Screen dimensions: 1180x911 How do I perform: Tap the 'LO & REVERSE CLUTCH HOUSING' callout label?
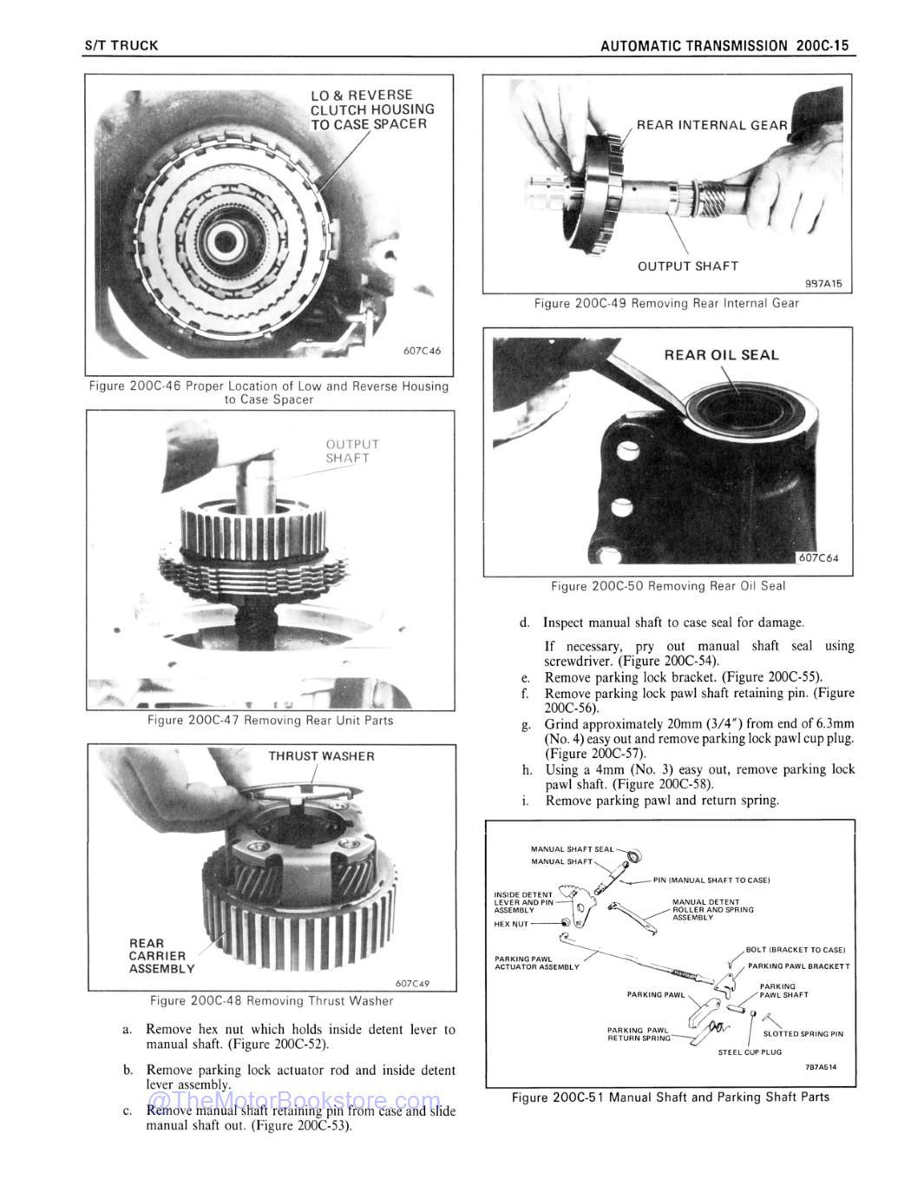[x=372, y=109]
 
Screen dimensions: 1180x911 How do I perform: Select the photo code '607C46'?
[x=422, y=352]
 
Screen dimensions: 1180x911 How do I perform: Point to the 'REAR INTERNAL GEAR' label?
[x=711, y=125]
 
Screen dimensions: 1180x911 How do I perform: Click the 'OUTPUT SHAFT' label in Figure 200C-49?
[x=687, y=267]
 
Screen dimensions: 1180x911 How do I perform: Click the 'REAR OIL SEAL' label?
[x=721, y=355]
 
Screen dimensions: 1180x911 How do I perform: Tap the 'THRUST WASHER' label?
[x=321, y=756]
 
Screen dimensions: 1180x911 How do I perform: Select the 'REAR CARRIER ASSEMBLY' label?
[x=161, y=955]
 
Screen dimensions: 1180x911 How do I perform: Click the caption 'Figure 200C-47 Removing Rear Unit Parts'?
[x=270, y=720]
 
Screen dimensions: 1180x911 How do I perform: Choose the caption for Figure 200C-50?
[x=667, y=586]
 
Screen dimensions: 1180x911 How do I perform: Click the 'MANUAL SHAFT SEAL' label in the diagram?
[x=572, y=849]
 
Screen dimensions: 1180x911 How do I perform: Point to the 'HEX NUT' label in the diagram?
[x=511, y=924]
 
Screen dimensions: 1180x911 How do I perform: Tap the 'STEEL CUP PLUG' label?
[x=750, y=1051]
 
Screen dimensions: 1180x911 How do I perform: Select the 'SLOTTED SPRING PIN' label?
[x=803, y=1033]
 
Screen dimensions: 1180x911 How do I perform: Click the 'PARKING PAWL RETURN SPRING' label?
[x=639, y=1034]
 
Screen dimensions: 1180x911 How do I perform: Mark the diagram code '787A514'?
[x=826, y=1068]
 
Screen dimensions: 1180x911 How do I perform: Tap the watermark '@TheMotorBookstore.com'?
[x=294, y=1104]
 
